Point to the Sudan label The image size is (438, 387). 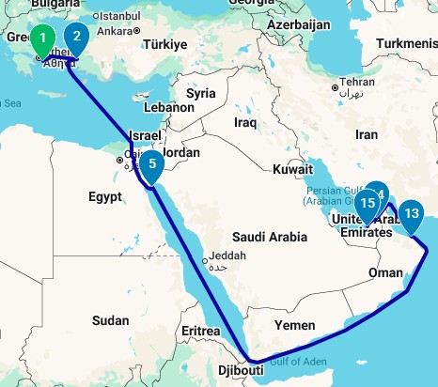pos(110,320)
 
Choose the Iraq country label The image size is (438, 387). pos(246,122)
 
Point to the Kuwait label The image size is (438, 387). pos(294,170)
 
